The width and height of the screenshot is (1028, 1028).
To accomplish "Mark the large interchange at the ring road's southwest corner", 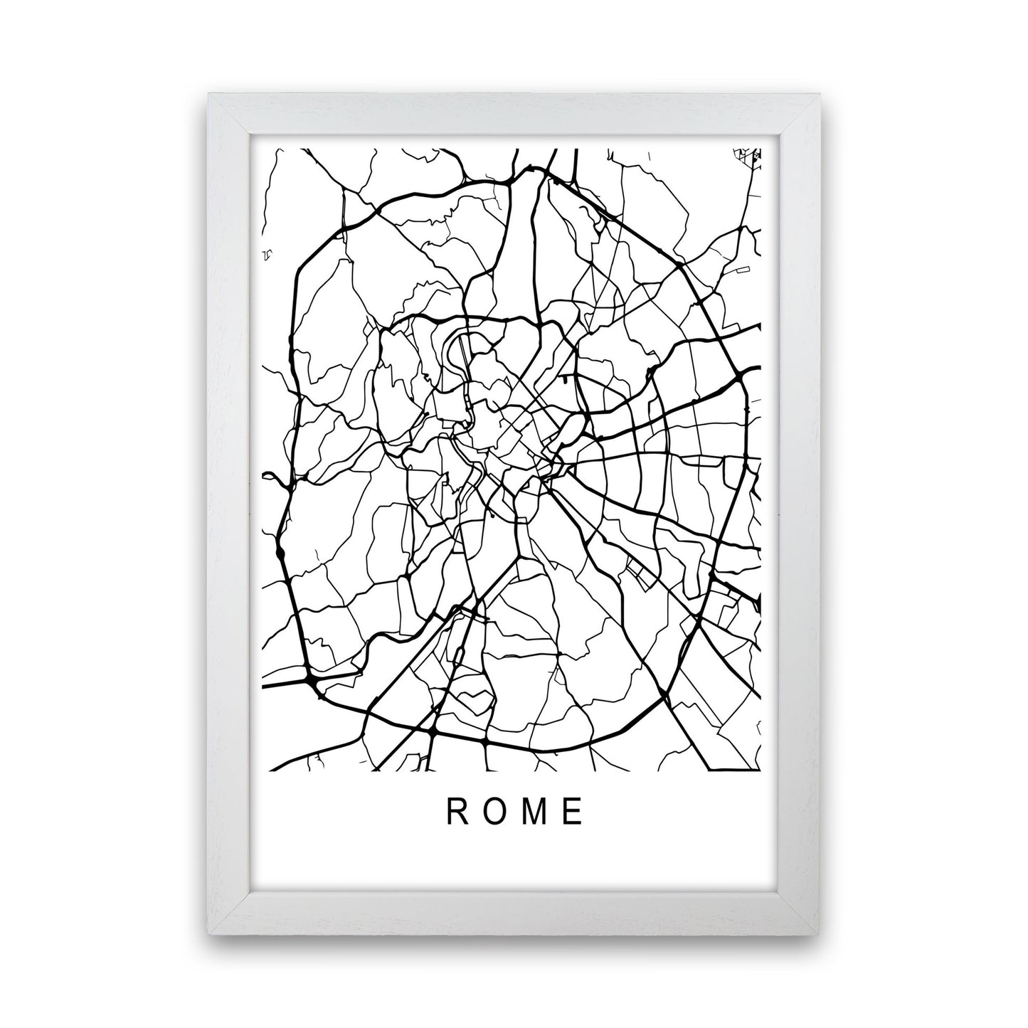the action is click(x=311, y=682).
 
